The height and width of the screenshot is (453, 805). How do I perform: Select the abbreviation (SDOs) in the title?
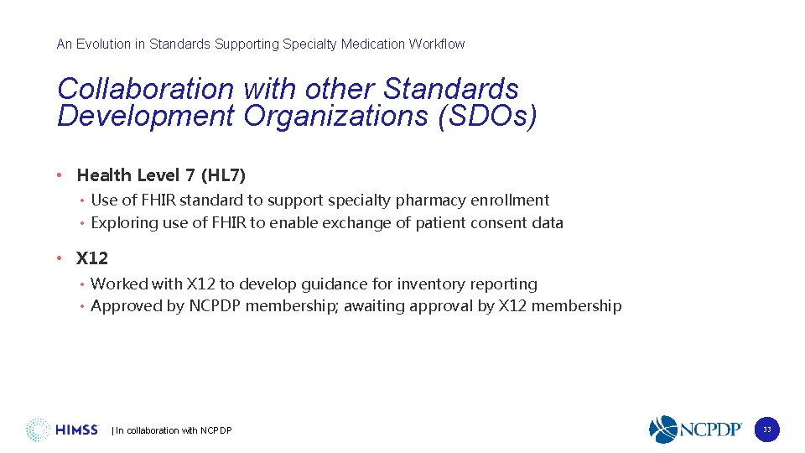point(487,117)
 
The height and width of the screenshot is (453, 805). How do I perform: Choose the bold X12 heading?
point(92,258)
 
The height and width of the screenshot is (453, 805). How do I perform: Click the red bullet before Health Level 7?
point(60,175)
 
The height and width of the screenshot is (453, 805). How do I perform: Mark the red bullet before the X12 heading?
point(60,258)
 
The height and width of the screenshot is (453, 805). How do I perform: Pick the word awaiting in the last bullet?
point(439,306)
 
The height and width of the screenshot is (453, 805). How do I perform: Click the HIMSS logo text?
point(76,430)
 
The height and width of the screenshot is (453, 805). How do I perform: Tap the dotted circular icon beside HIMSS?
point(38,430)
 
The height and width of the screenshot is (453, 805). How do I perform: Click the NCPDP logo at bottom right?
point(695,430)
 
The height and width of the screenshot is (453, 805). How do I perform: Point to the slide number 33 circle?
point(766,430)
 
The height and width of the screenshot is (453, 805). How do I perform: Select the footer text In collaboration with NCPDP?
point(173,431)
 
